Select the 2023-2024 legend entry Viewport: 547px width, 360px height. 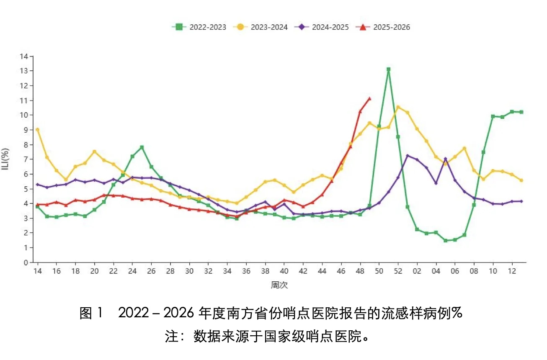pyautogui.click(x=261, y=27)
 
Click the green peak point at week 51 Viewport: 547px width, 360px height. pyautogui.click(x=388, y=69)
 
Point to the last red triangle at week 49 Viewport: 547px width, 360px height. pyautogui.click(x=369, y=99)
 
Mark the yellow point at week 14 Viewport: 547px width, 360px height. pyautogui.click(x=37, y=130)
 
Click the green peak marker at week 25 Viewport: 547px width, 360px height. pyautogui.click(x=142, y=147)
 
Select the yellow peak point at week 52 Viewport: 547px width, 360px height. pyautogui.click(x=398, y=107)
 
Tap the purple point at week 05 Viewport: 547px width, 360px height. pyautogui.click(x=445, y=159)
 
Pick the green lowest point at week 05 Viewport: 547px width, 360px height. pyautogui.click(x=445, y=241)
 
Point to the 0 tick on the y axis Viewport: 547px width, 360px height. pyautogui.click(x=26, y=262)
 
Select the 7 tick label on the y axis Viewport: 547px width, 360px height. pyautogui.click(x=26, y=159)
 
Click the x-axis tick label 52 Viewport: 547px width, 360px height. pyautogui.click(x=398, y=271)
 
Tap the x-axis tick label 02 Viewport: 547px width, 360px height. pyautogui.click(x=417, y=271)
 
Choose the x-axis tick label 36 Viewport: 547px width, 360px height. pyautogui.click(x=246, y=271)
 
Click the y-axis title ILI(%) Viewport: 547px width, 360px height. pyautogui.click(x=5, y=159)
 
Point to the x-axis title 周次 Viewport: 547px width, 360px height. pyautogui.click(x=279, y=285)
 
